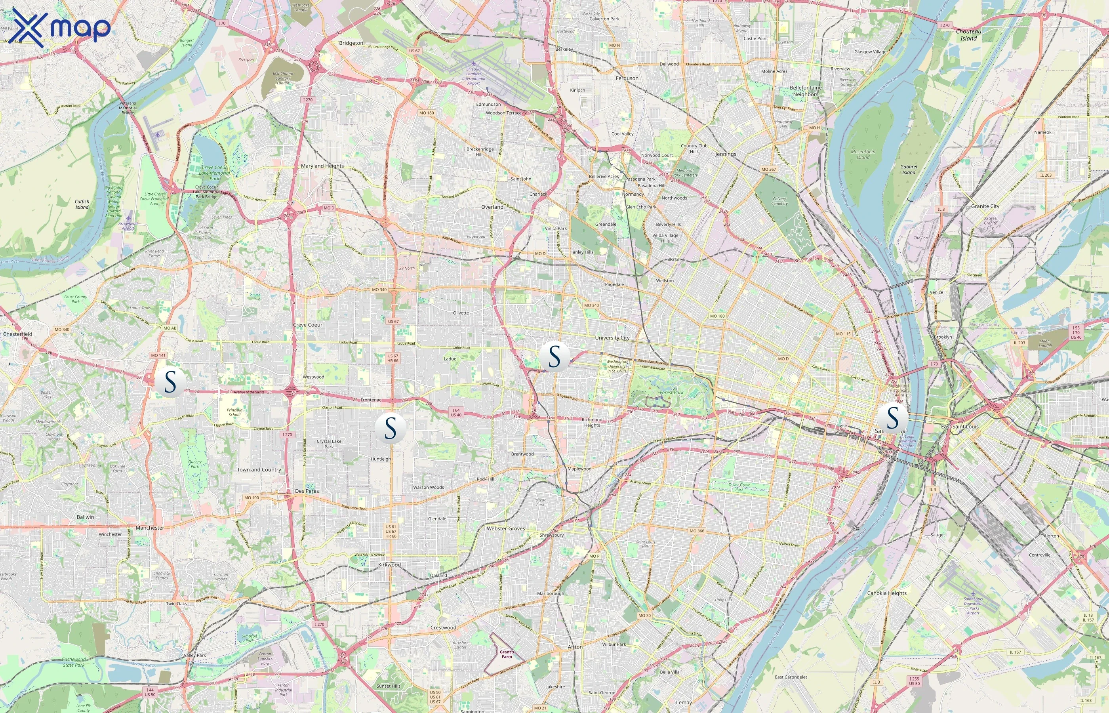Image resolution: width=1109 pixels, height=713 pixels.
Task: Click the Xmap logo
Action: (61, 28)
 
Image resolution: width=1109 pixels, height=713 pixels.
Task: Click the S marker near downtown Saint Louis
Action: (892, 418)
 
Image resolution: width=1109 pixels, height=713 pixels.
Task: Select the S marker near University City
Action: (554, 357)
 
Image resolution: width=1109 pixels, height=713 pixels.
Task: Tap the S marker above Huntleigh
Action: (390, 428)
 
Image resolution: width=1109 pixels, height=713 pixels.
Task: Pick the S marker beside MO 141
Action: (170, 382)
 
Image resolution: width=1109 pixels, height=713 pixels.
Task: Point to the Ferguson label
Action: (627, 79)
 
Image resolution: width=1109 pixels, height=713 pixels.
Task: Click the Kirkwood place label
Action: (389, 565)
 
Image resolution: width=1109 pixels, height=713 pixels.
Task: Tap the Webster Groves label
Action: (505, 528)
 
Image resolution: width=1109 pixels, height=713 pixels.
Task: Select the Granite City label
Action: (985, 206)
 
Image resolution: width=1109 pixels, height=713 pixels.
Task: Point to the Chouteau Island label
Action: (968, 35)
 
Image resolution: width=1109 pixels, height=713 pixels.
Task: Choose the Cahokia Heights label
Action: (886, 593)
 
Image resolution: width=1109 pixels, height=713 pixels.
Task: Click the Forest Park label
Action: (671, 393)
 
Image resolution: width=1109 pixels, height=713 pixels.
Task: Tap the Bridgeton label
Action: (351, 43)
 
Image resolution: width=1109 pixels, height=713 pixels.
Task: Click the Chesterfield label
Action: (17, 334)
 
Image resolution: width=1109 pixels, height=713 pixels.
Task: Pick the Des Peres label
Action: (307, 491)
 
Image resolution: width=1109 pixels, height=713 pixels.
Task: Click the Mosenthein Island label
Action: (863, 154)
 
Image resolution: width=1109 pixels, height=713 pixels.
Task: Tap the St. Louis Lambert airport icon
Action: (473, 63)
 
